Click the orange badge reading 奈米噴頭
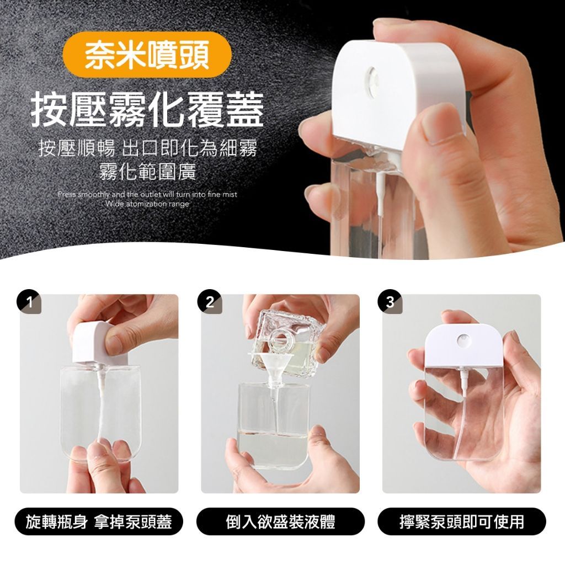(147, 55)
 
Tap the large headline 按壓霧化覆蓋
(147, 109)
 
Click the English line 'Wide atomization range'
(147, 204)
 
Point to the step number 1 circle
(29, 302)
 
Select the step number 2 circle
(210, 302)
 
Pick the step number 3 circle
(390, 302)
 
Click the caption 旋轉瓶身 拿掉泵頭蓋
(99, 521)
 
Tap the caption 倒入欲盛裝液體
(280, 521)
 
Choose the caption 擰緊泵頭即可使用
(462, 521)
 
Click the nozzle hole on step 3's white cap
(463, 341)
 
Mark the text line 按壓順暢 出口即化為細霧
(147, 148)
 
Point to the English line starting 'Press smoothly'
(147, 195)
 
